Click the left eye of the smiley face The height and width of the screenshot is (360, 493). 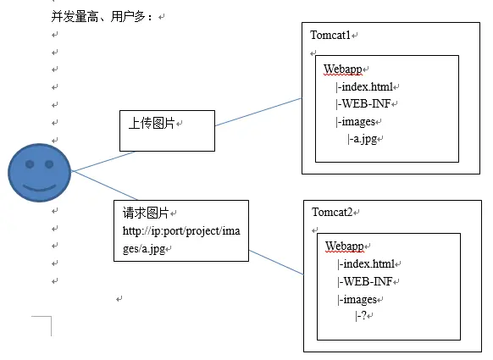(x=30, y=163)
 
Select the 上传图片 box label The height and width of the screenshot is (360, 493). (x=152, y=124)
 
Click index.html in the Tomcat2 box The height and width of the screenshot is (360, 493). (x=367, y=263)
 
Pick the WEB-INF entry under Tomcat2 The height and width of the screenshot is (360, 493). (x=366, y=280)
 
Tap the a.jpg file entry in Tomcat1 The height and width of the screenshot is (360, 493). (x=363, y=139)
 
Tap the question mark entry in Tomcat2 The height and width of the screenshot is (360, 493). (x=363, y=315)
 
